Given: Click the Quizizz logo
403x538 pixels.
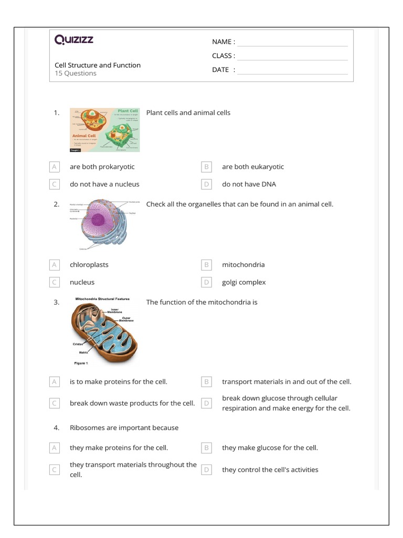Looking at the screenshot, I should [x=74, y=40].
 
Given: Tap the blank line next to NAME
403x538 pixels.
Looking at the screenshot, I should [x=292, y=42].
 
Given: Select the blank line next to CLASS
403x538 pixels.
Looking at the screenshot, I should [x=292, y=56].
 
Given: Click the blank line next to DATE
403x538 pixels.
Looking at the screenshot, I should [x=292, y=70].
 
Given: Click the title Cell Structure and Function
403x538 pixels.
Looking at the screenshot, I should [x=98, y=65].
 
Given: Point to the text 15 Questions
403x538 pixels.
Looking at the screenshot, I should [x=76, y=74].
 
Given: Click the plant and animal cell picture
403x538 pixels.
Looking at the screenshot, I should [x=105, y=130].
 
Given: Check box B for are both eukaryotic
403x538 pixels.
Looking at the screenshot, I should [x=207, y=167].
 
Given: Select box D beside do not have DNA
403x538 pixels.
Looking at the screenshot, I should [x=207, y=184].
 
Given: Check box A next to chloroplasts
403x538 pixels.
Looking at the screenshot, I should [x=54, y=265].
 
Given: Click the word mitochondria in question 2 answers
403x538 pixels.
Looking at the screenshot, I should [x=243, y=265].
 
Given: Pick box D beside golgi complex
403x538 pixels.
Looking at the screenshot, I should [x=207, y=283].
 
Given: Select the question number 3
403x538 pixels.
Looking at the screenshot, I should [x=57, y=302].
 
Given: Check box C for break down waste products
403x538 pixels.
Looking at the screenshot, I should [x=54, y=403].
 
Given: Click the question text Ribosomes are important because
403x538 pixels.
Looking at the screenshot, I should [x=124, y=428].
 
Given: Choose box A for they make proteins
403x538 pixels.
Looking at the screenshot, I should [x=54, y=448].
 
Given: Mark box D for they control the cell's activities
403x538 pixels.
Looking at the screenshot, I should [x=207, y=470].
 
